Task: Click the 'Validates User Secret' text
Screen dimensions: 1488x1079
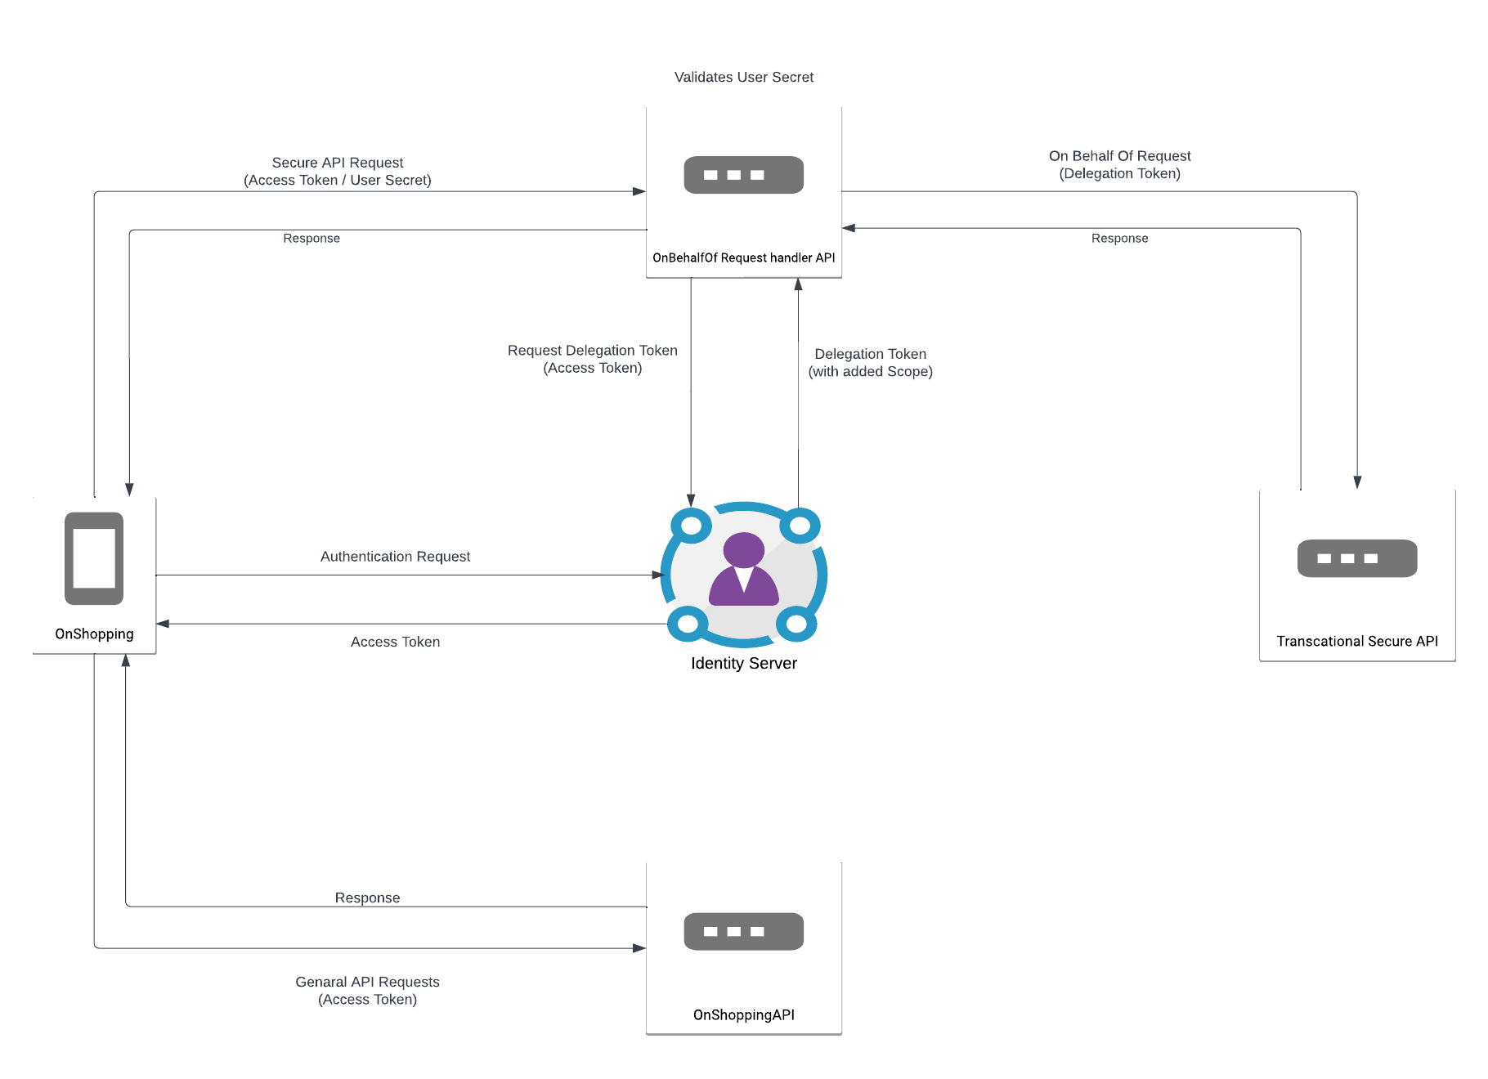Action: pyautogui.click(x=744, y=77)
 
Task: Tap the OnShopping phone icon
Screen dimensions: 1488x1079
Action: pyautogui.click(x=94, y=558)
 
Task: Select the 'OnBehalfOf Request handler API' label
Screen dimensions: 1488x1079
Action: pyautogui.click(x=744, y=257)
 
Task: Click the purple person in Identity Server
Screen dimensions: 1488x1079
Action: pyautogui.click(x=744, y=569)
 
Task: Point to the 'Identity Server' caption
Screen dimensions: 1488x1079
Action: pyautogui.click(x=744, y=663)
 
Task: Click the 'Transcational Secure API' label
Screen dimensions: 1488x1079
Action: pyautogui.click(x=1357, y=641)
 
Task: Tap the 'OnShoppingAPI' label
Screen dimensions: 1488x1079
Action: pyautogui.click(x=744, y=1014)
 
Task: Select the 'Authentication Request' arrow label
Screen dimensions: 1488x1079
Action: pyautogui.click(x=395, y=557)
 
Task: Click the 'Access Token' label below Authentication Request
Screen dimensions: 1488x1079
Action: pyautogui.click(x=395, y=642)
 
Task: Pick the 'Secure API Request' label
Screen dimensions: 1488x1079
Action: pyautogui.click(x=338, y=163)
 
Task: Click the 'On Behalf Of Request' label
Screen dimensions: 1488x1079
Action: pyautogui.click(x=1120, y=156)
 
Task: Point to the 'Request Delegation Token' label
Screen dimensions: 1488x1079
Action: pyautogui.click(x=593, y=351)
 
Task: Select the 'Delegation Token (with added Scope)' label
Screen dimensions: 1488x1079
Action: pyautogui.click(x=871, y=362)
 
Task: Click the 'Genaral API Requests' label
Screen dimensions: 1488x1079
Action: pyautogui.click(x=367, y=982)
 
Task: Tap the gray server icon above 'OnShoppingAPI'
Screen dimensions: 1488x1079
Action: pyautogui.click(x=744, y=931)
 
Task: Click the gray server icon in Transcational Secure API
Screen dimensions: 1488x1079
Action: pyautogui.click(x=1357, y=558)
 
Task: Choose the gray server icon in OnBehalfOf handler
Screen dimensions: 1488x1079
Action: pyautogui.click(x=744, y=175)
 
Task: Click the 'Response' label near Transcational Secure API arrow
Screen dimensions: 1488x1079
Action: pyautogui.click(x=1119, y=238)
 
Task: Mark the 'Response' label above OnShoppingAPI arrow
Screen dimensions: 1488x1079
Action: pyautogui.click(x=367, y=898)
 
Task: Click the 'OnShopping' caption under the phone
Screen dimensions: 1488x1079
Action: pyautogui.click(x=94, y=634)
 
